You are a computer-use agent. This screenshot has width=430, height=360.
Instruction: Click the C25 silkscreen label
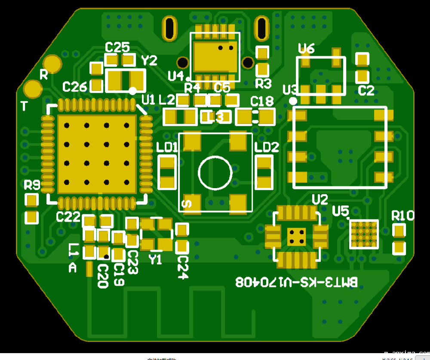coord(117,47)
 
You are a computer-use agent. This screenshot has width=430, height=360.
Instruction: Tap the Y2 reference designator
coord(149,61)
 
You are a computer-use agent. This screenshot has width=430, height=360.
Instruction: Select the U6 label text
coord(306,49)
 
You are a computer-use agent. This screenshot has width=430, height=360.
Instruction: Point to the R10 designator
coord(402,215)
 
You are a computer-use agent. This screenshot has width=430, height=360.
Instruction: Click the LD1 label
coord(167,148)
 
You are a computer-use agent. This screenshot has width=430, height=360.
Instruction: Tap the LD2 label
coord(267,148)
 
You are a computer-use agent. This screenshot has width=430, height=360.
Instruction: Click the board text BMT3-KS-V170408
coord(296,282)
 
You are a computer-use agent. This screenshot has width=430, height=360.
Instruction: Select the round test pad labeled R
coord(53,64)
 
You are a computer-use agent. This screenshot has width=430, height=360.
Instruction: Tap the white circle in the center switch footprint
coord(215,172)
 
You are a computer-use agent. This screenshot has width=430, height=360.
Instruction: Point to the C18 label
coord(262,102)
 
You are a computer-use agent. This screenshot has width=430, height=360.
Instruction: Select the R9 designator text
coord(32,186)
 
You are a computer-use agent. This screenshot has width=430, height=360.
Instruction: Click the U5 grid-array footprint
coord(364,234)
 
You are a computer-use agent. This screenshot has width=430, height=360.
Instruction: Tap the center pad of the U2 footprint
coord(297,236)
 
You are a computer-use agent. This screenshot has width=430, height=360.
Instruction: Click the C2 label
coord(366,91)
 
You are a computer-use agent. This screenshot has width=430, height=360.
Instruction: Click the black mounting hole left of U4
coord(183,63)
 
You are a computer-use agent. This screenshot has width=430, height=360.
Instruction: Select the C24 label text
coord(183,267)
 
